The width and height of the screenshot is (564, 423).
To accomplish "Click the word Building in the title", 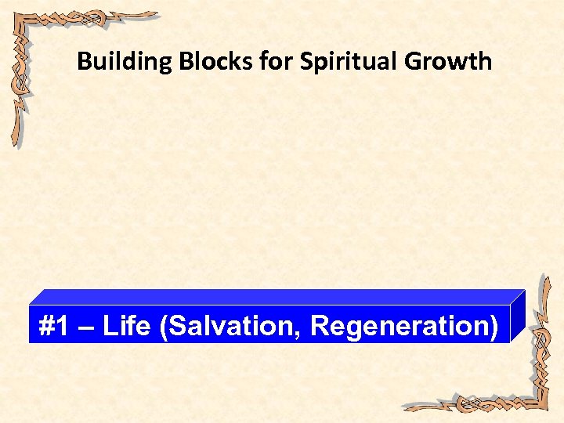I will point(124,61).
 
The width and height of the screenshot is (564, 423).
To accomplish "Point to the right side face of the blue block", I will point(517,317).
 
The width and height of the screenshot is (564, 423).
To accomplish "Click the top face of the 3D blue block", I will point(274,297).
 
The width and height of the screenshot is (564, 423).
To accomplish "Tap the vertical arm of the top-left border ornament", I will point(17,94).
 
